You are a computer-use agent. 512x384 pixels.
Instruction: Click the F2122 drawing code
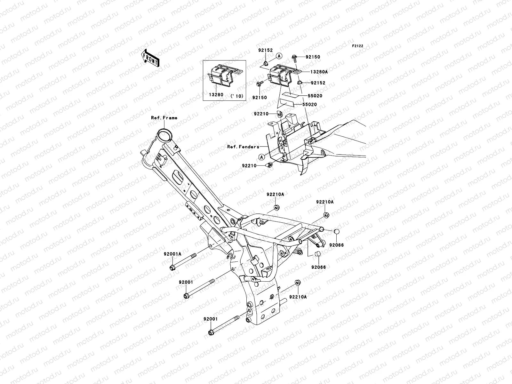tap(358, 46)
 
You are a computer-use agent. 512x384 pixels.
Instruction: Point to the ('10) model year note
tap(237, 96)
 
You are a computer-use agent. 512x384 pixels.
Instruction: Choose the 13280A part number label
tap(318, 72)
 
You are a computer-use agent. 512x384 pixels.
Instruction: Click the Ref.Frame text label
tap(164, 118)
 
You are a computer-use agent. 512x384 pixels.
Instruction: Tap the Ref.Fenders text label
tap(243, 147)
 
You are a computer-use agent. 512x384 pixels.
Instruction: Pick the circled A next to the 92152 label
tap(288, 56)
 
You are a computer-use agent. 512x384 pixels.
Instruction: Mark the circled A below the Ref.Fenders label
tap(262, 157)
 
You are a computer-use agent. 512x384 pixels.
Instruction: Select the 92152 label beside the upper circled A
tap(266, 50)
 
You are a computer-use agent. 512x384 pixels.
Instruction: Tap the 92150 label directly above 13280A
tap(313, 57)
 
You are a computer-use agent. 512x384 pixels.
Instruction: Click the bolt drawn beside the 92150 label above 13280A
tap(302, 57)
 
